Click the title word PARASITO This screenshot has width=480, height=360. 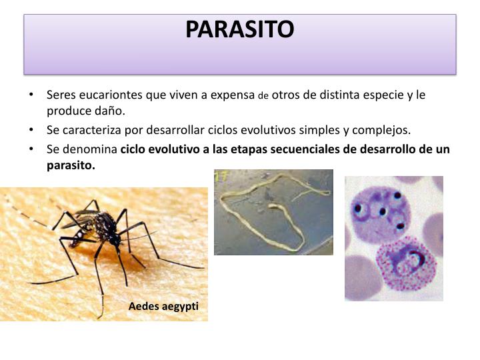[x=239, y=29]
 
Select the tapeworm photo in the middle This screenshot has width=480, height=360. [x=273, y=212]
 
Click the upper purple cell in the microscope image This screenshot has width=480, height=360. [x=377, y=211]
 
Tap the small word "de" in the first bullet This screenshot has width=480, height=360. [x=263, y=96]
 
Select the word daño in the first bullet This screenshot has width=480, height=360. [x=109, y=110]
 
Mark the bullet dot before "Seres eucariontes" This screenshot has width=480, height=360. [x=33, y=95]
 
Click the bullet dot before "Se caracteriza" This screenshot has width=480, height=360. [x=33, y=129]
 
